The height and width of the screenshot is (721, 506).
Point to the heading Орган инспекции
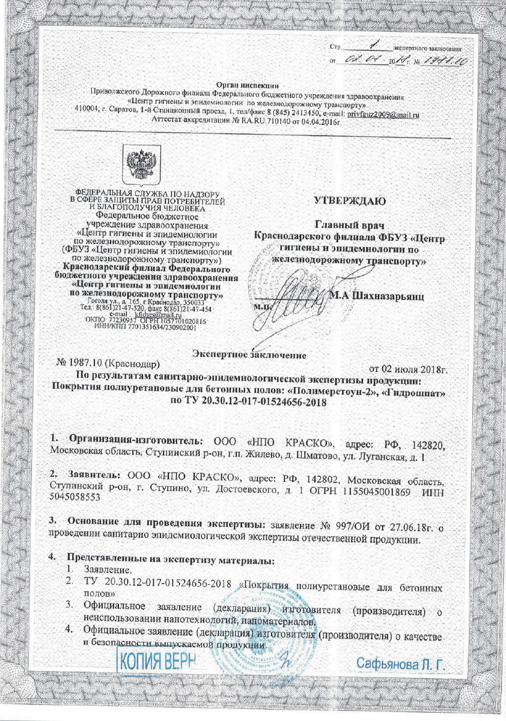(x=252, y=88)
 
